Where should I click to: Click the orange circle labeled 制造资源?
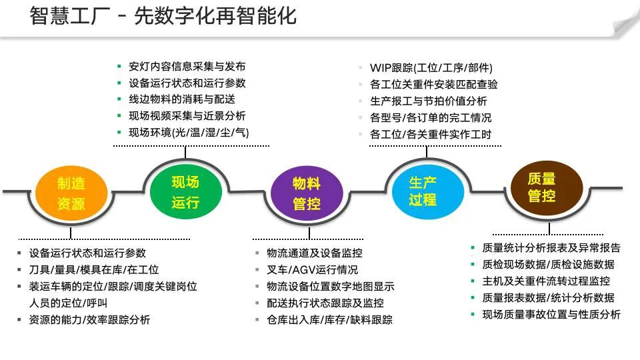pos(71,193)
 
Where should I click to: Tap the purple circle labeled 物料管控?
pos(306,193)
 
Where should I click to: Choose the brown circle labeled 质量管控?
pos(541,187)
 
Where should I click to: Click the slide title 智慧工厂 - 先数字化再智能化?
pos(163,16)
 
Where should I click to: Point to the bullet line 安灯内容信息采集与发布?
pos(187,67)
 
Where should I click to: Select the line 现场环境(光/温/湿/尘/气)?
pos(189,132)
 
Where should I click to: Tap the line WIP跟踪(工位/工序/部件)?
pos(431,68)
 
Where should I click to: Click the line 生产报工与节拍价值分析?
pos(428,101)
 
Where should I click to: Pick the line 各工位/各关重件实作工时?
pos(430,134)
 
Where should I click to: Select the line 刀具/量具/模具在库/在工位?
pos(94,270)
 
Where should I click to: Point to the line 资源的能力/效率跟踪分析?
pos(89,320)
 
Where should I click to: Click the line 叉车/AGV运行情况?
pos(312,270)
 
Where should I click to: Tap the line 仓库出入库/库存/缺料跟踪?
pos(329,320)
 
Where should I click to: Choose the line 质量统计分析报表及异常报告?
pos(551,248)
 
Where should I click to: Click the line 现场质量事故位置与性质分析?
pos(551,314)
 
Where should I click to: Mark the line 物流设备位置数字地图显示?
pos(330,287)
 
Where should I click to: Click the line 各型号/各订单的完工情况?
pos(430,118)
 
